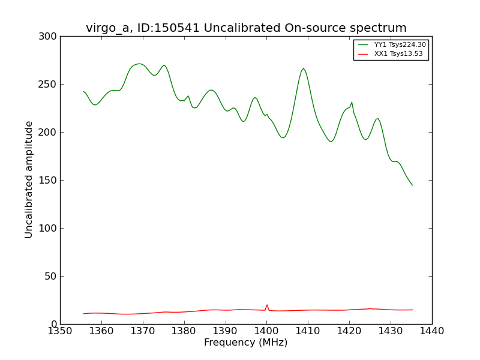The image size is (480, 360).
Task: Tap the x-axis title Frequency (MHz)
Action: tap(245, 343)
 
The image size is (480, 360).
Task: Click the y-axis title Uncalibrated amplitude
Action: tap(29, 179)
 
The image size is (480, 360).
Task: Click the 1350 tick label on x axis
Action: tap(60, 331)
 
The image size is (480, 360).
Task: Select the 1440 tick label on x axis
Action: tap(431, 331)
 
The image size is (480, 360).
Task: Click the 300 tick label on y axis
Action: tap(50, 37)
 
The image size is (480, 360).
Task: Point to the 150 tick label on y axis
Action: tap(50, 181)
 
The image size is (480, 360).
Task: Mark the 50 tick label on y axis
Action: tap(52, 277)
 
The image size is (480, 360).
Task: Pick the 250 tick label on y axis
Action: tap(50, 85)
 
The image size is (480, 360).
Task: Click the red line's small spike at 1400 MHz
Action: tap(267, 305)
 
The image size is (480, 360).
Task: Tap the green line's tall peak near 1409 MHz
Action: tap(304, 68)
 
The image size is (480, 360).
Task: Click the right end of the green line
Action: tap(412, 185)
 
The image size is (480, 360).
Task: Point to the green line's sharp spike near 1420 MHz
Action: tap(352, 102)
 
